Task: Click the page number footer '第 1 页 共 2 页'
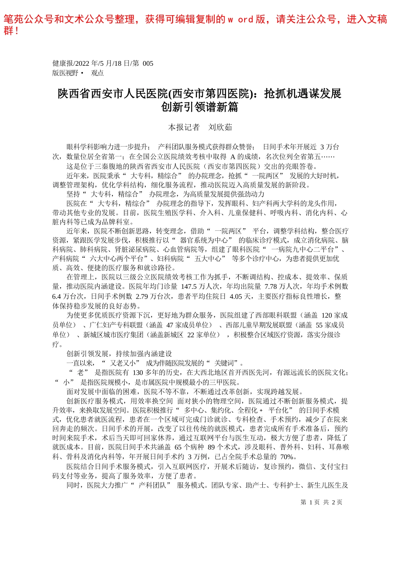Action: point(321,502)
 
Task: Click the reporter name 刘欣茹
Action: point(220,127)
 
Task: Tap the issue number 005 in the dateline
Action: point(148,64)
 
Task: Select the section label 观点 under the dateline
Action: point(97,73)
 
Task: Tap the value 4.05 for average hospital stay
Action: point(236,296)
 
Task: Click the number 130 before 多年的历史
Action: point(138,372)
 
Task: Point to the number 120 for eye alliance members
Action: point(327,315)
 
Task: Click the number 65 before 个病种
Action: point(178,447)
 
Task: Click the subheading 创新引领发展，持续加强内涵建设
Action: point(119,354)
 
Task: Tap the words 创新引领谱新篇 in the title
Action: point(200,107)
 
